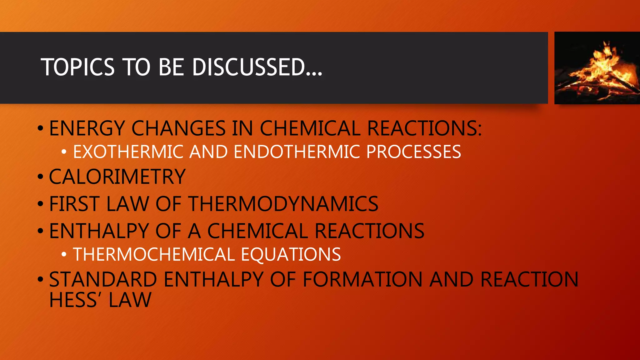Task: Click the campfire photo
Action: (x=597, y=68)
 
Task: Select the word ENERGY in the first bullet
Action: (x=87, y=128)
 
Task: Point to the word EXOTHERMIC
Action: (x=128, y=152)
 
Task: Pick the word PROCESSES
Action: (x=413, y=152)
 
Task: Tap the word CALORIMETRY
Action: (x=117, y=177)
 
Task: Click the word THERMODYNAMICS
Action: (x=283, y=204)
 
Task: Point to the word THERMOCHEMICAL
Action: (x=154, y=254)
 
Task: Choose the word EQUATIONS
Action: (x=291, y=254)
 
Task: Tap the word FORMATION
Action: (x=362, y=279)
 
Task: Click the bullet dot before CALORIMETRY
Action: (x=40, y=177)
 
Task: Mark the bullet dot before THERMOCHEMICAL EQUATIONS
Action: (x=64, y=254)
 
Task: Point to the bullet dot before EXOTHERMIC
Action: (x=64, y=152)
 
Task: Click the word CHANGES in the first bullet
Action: (x=178, y=128)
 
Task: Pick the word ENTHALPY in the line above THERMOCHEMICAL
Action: (x=99, y=231)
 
